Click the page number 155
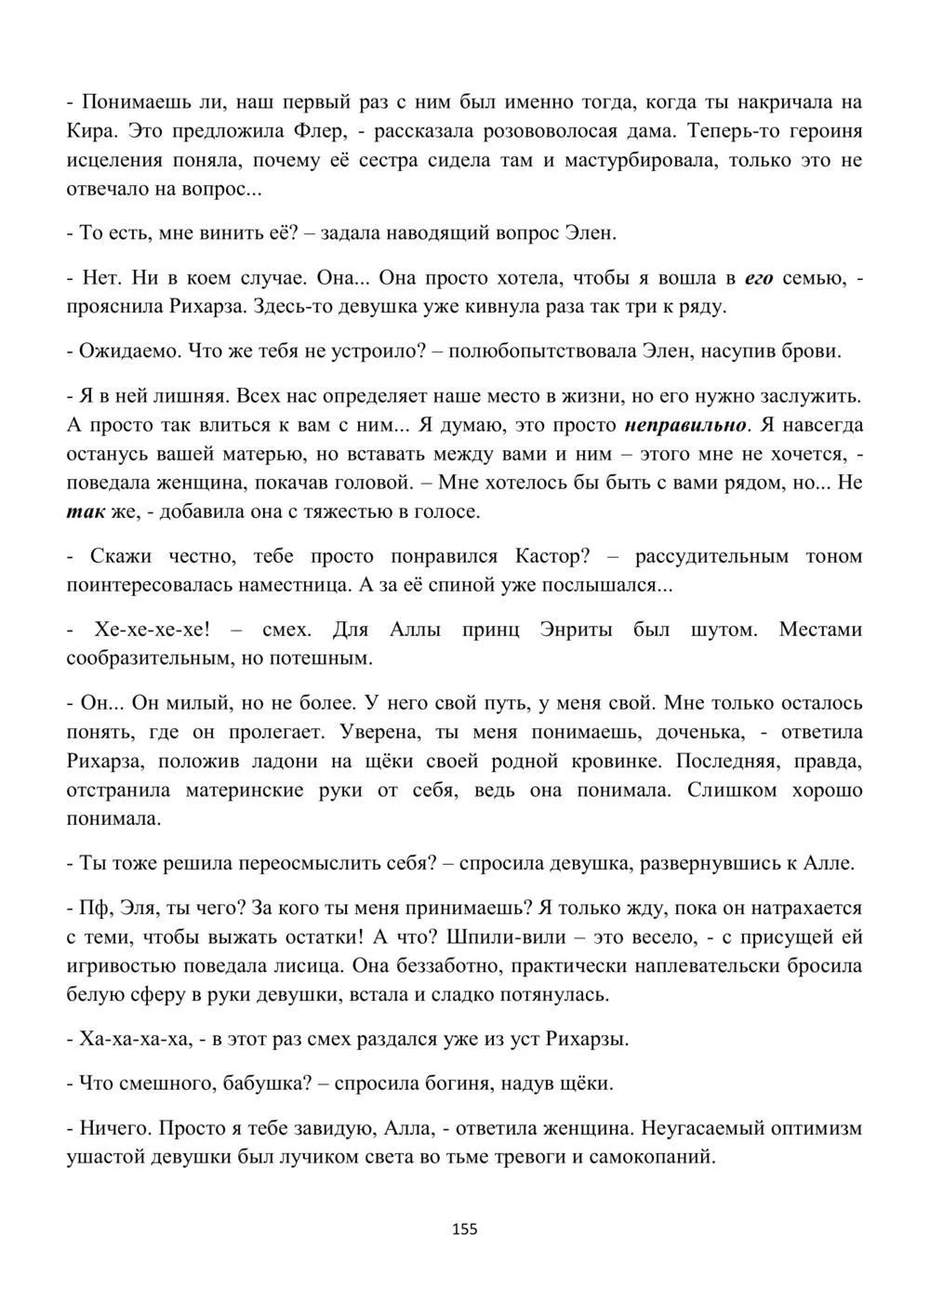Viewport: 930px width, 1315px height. click(x=464, y=1229)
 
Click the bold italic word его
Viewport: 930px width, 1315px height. click(x=760, y=277)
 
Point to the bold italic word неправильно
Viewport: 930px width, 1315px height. click(x=686, y=425)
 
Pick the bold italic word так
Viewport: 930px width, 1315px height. click(x=86, y=511)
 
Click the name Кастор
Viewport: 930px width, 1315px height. click(x=551, y=556)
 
